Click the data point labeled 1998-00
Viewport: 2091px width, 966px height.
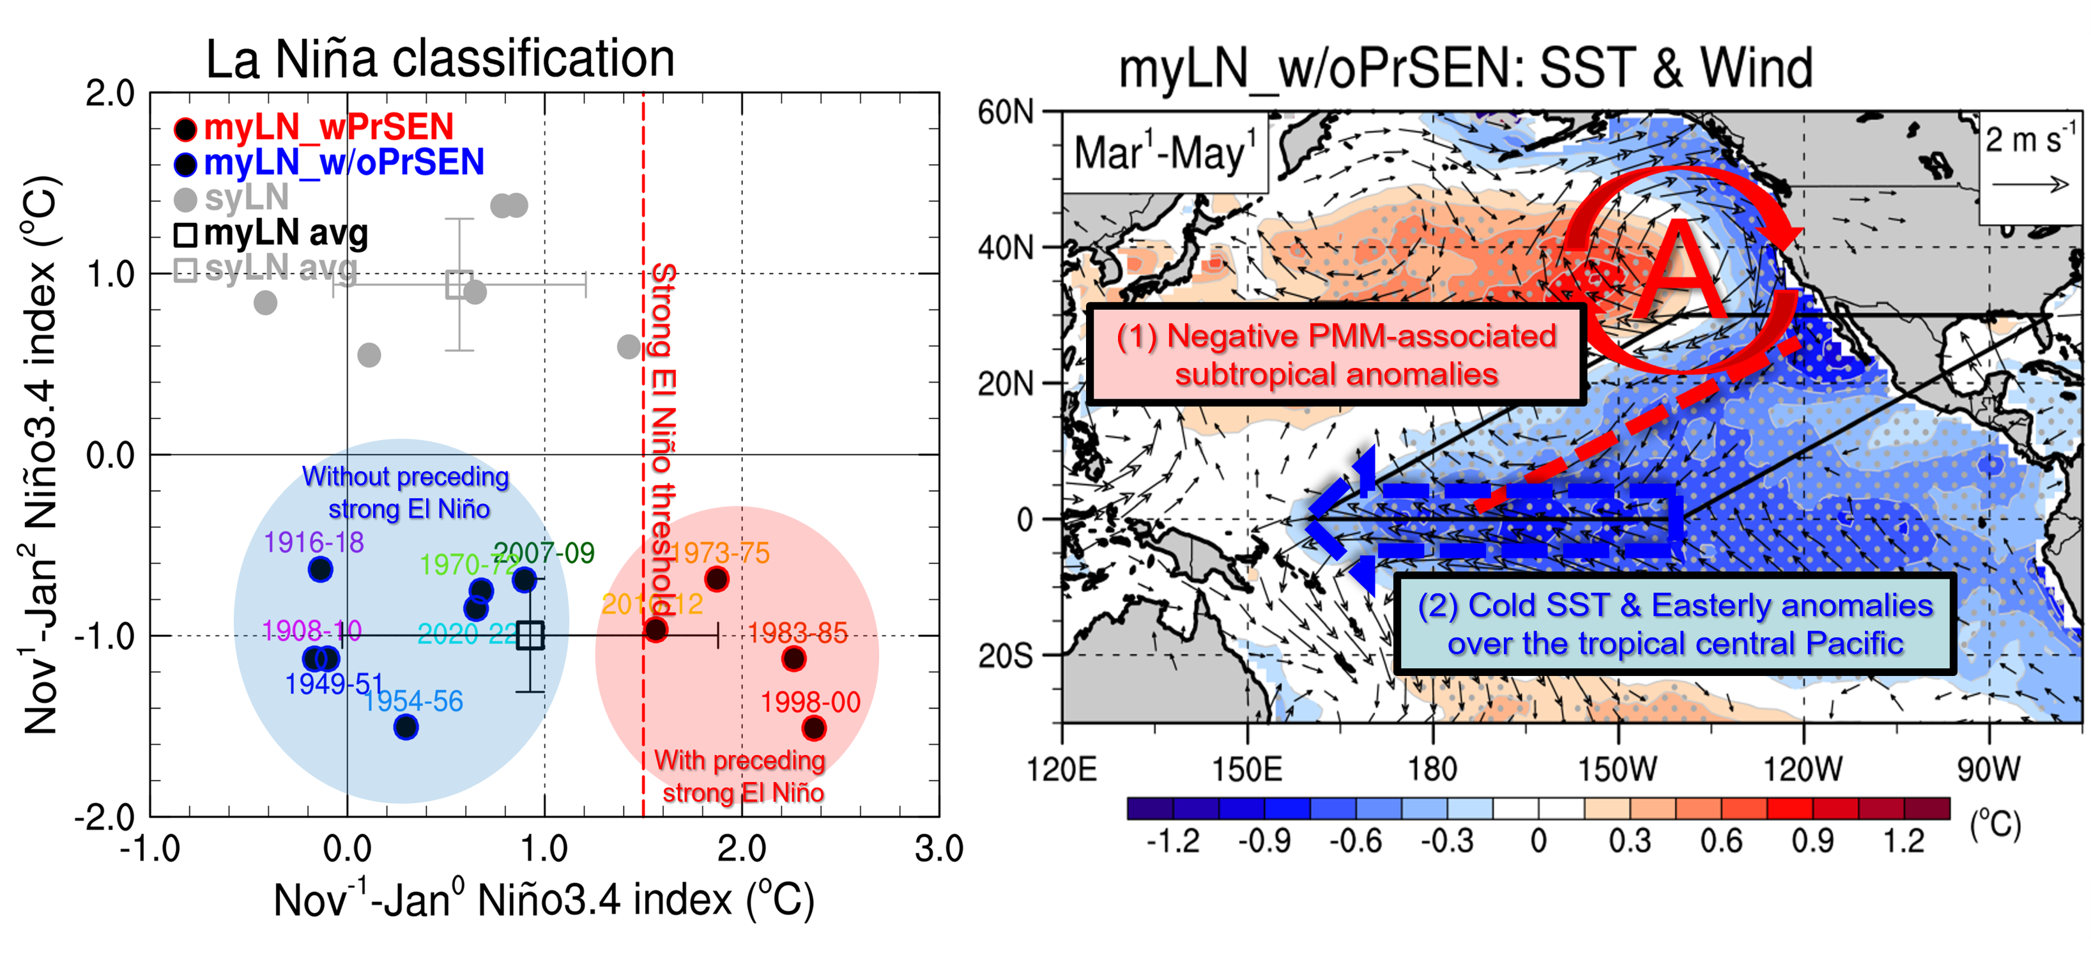(x=813, y=728)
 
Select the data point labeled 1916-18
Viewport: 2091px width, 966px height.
(x=321, y=570)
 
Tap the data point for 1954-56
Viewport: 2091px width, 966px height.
(x=406, y=727)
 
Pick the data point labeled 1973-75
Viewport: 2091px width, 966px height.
(x=716, y=579)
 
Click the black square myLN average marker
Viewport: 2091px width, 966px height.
(x=530, y=635)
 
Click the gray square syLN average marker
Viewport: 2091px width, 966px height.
(x=459, y=285)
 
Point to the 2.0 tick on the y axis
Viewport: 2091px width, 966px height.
(x=111, y=94)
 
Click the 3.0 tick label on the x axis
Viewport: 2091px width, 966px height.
(x=938, y=849)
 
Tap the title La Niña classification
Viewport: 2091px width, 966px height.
(x=440, y=59)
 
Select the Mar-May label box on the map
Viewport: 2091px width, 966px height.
(x=1164, y=153)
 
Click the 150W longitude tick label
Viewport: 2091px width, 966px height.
(x=1617, y=768)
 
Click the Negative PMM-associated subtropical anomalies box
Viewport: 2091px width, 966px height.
(x=1336, y=355)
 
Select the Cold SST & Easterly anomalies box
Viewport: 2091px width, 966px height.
(x=1674, y=624)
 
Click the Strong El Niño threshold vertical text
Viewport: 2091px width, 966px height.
(x=663, y=438)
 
